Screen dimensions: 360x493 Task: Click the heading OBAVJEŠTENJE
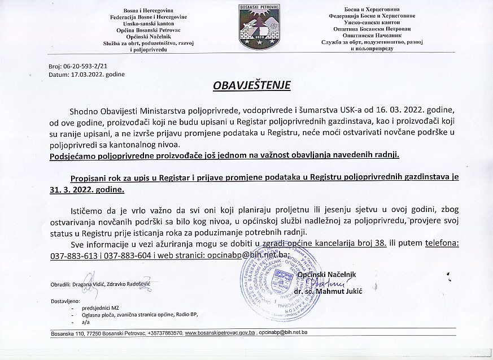coord(251,86)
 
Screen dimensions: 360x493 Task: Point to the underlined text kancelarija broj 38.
coord(354,243)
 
